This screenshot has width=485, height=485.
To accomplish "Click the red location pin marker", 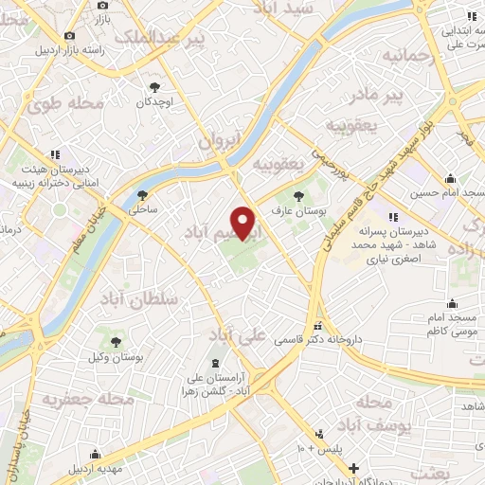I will point(244,225).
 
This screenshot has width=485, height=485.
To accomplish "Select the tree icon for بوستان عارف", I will point(299,196).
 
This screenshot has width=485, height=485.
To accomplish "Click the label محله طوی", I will point(58,105).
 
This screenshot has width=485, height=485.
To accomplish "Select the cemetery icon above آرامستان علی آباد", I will point(216,364).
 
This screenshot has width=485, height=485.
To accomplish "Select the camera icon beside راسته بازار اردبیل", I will point(69,35).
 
